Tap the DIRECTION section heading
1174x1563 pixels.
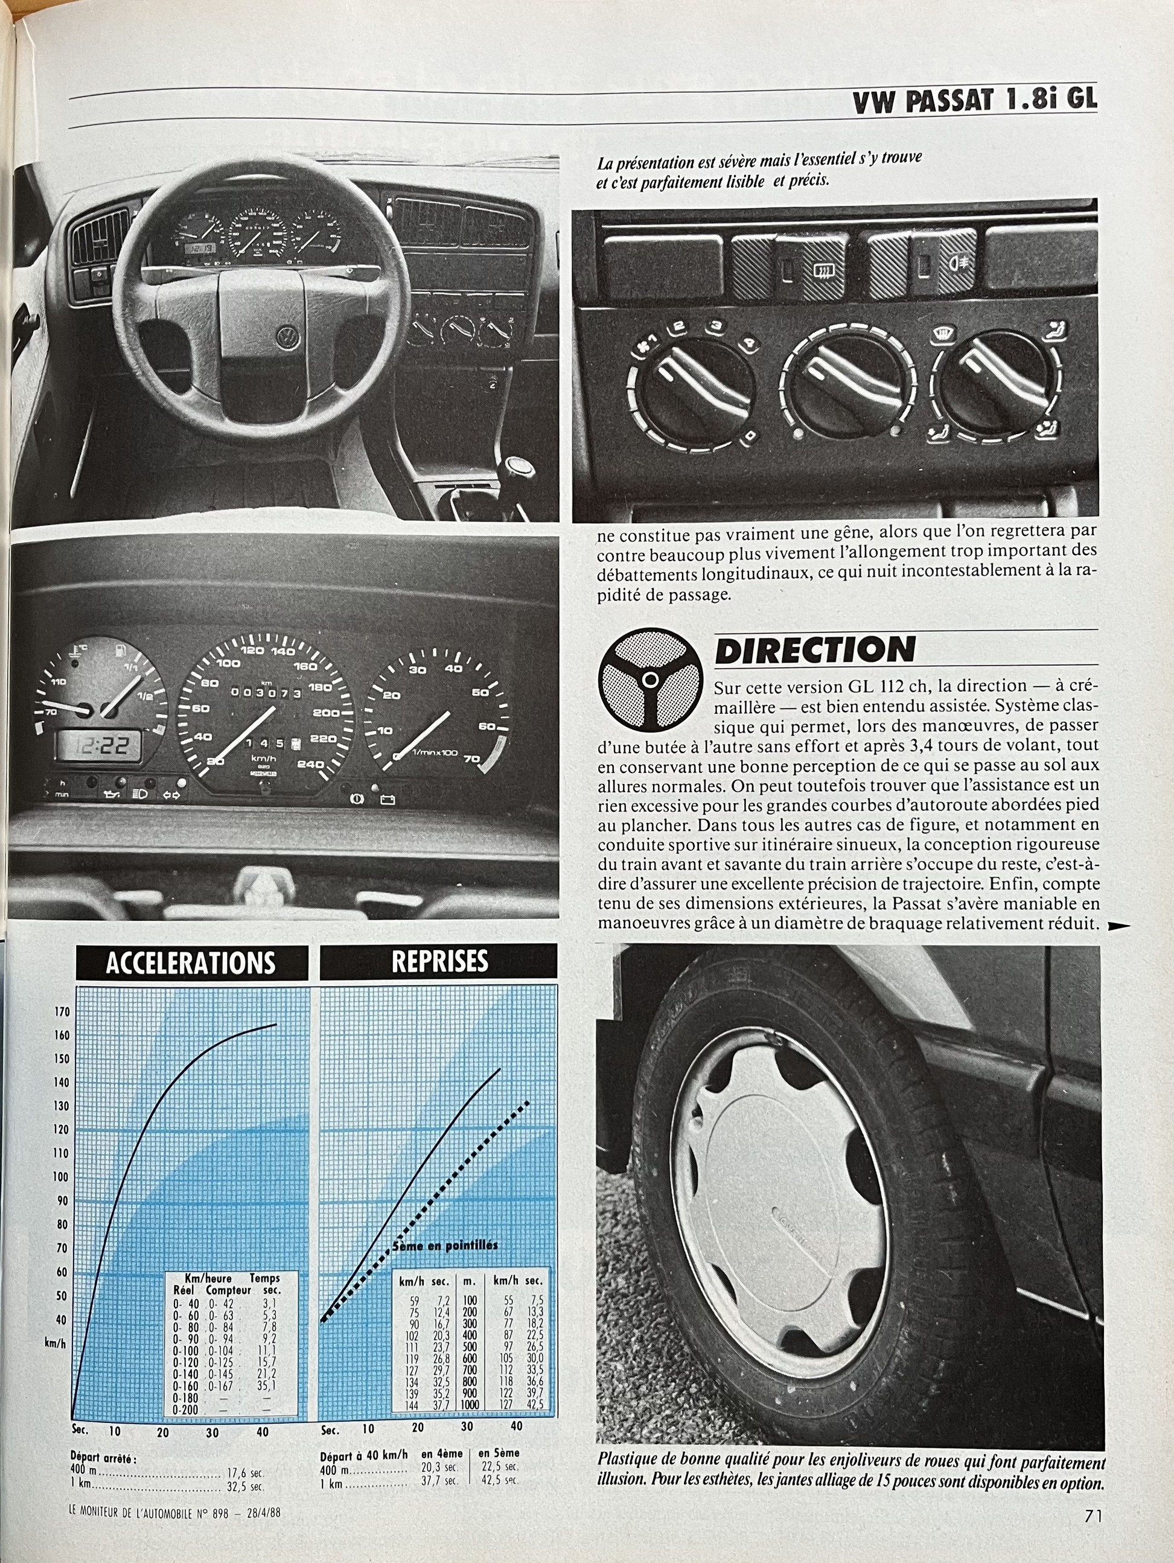click(814, 649)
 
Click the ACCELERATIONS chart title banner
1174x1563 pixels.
click(191, 963)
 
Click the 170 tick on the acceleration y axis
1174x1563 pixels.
click(62, 1013)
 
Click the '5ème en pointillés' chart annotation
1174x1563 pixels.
click(445, 1245)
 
